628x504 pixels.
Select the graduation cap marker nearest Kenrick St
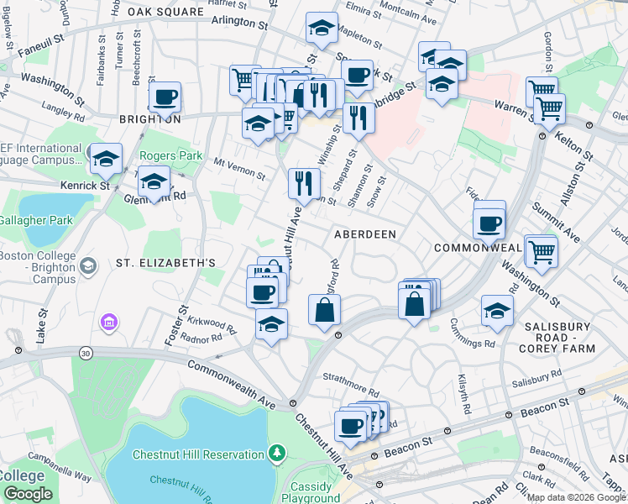coord(107,158)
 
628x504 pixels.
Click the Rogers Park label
coord(170,155)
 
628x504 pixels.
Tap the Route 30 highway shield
coord(86,354)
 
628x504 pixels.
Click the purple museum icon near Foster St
coord(108,322)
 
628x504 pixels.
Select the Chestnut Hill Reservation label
coord(199,454)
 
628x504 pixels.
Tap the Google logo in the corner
coord(28,494)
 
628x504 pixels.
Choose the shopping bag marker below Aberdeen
coord(325,310)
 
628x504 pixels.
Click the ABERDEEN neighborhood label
coord(365,234)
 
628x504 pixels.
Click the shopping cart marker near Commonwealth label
coord(541,250)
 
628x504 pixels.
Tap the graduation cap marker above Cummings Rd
coord(497,310)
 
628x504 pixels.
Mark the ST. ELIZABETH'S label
coord(165,263)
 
